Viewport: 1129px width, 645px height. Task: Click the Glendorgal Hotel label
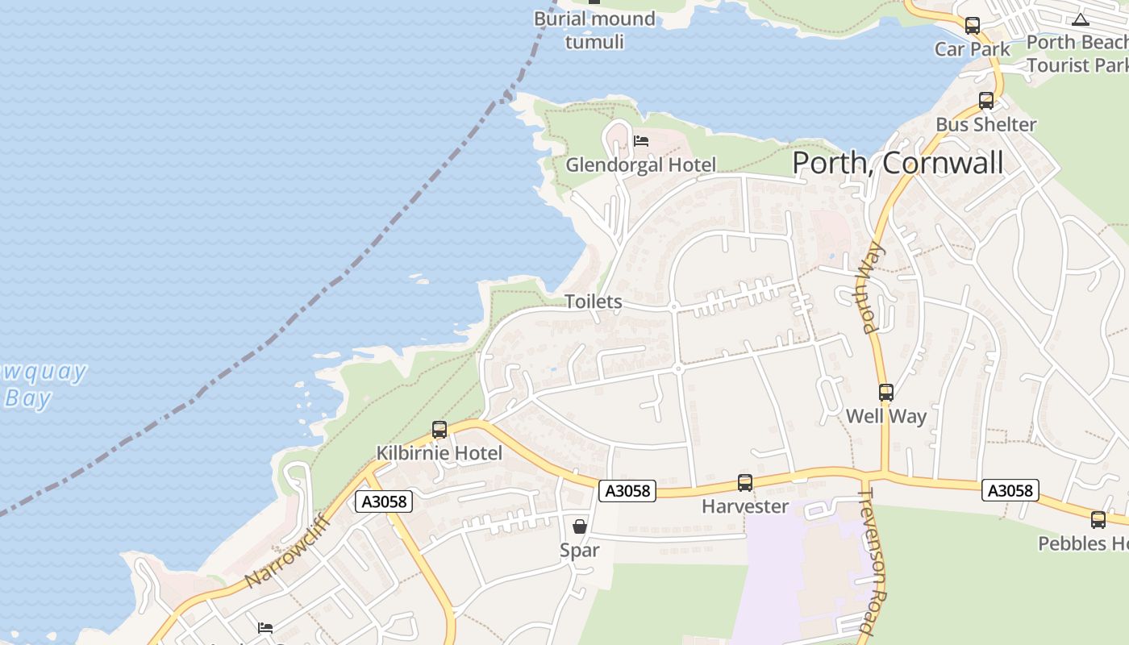coord(640,165)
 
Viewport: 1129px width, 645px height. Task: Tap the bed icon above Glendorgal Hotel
coord(641,141)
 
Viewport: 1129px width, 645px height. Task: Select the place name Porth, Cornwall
coord(898,163)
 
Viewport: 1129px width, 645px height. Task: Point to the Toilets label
coord(594,302)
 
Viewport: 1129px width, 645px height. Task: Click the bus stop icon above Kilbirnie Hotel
coord(440,430)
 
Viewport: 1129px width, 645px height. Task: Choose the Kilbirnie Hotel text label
coord(440,453)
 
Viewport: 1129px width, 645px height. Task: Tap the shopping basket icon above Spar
coord(580,526)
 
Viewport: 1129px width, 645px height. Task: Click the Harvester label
coord(745,506)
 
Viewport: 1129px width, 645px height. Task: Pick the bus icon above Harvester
coord(745,483)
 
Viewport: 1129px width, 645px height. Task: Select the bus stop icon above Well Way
coord(886,393)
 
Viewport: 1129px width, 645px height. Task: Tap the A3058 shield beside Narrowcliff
coord(385,501)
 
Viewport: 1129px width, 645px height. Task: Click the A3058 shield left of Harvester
coord(627,490)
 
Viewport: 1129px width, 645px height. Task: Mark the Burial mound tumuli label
coord(594,30)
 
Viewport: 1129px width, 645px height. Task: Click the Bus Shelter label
coord(985,124)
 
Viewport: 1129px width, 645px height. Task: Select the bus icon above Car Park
coord(973,26)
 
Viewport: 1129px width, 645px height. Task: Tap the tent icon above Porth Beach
coord(1081,19)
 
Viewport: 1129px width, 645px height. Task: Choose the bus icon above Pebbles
coord(1098,520)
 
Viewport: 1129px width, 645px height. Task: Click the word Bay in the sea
coord(28,398)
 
